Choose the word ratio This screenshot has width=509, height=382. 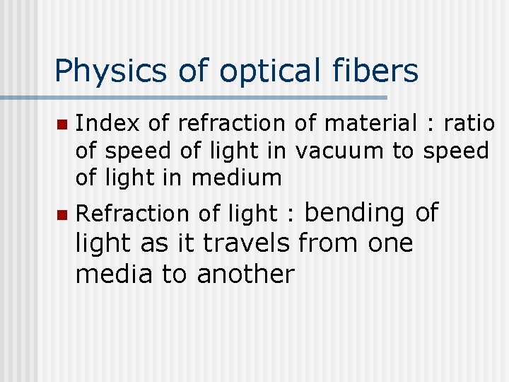[469, 123]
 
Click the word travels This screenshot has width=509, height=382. [246, 243]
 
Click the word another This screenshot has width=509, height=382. [245, 274]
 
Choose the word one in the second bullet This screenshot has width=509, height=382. [390, 244]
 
